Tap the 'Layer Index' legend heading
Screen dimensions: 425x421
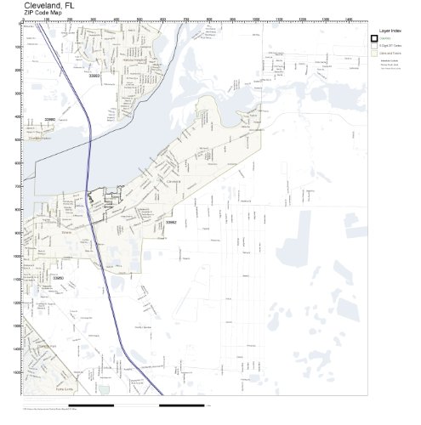click(389, 28)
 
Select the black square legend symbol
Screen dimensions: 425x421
click(374, 39)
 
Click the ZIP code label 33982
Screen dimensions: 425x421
click(171, 222)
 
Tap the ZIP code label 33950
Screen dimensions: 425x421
click(58, 276)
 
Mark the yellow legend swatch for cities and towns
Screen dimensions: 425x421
click(374, 53)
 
